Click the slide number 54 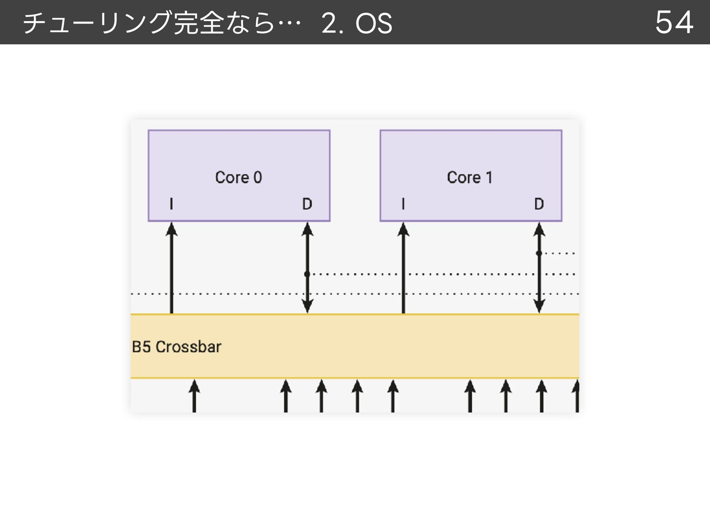[674, 23]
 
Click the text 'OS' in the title [373, 23]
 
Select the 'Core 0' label [239, 177]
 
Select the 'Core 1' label [470, 177]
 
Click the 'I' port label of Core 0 [171, 204]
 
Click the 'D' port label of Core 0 [307, 204]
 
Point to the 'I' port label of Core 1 [403, 204]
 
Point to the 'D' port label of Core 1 [539, 204]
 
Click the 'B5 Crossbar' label [176, 347]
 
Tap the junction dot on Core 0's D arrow [307, 274]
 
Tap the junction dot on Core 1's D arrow [539, 253]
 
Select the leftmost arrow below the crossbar [194, 396]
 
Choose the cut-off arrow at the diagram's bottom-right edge [576, 396]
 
